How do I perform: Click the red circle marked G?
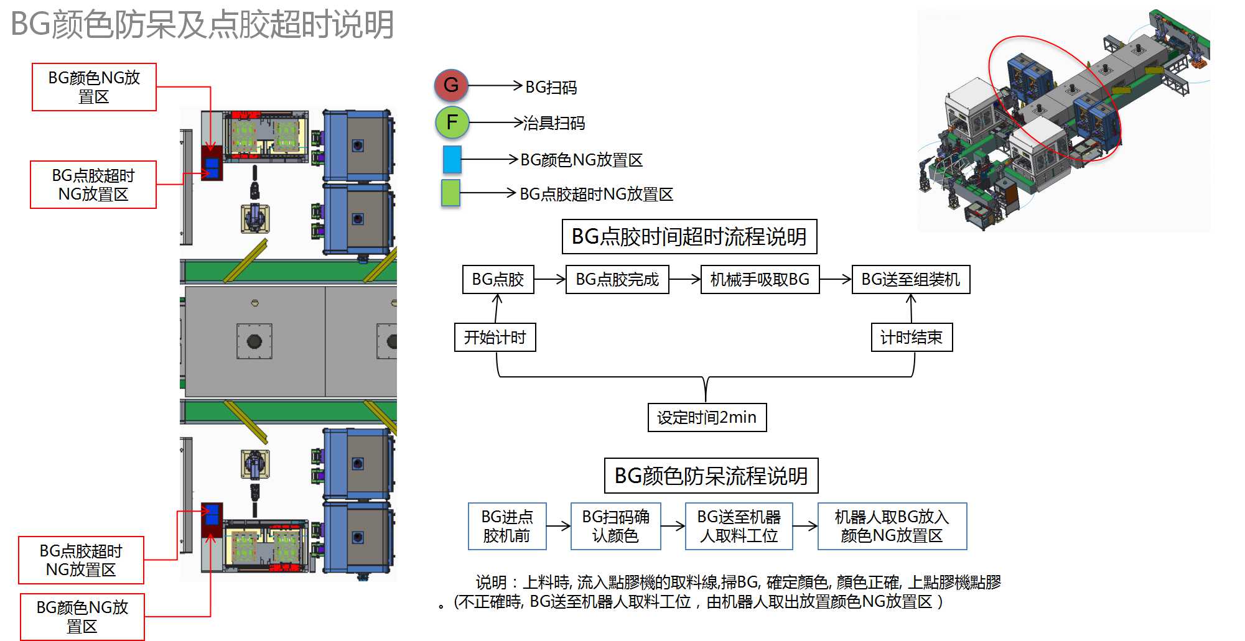(451, 85)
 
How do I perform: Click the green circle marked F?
(452, 122)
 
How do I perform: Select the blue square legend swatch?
(452, 159)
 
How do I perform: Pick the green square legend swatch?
(450, 193)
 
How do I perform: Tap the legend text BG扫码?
(551, 88)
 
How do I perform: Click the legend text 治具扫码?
(554, 123)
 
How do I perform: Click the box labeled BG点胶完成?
(617, 280)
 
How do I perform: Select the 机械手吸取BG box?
(760, 280)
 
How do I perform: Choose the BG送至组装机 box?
(910, 280)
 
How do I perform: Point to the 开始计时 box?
(495, 337)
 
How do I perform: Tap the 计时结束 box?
(911, 337)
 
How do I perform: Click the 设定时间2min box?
(707, 417)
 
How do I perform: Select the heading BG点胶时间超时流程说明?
(689, 237)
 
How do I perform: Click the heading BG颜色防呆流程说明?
(711, 476)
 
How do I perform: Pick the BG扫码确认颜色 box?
(615, 526)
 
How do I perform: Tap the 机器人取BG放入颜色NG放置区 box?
(892, 526)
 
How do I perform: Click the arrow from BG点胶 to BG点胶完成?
(549, 280)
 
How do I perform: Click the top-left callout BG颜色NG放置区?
(94, 87)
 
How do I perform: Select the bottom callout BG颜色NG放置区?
(82, 617)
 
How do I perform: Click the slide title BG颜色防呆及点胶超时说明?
(202, 25)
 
